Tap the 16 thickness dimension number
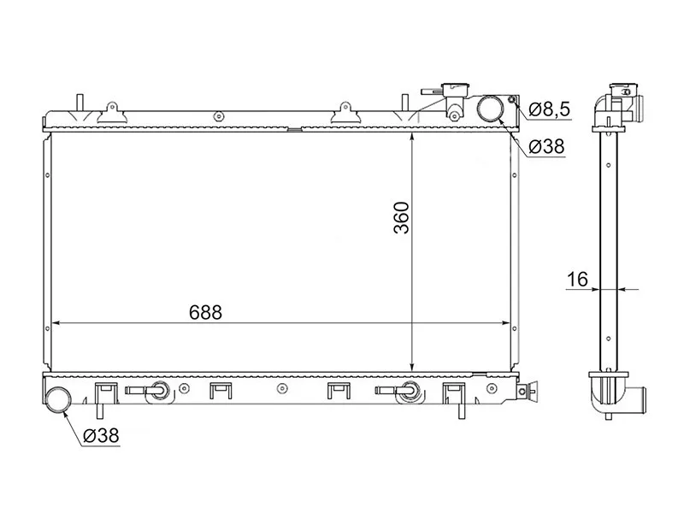click(576, 278)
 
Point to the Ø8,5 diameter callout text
click(546, 109)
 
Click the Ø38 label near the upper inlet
click(546, 147)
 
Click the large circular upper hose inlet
click(491, 109)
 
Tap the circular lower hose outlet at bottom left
click(59, 399)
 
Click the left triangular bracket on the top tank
click(110, 111)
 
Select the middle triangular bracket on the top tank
click(345, 111)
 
